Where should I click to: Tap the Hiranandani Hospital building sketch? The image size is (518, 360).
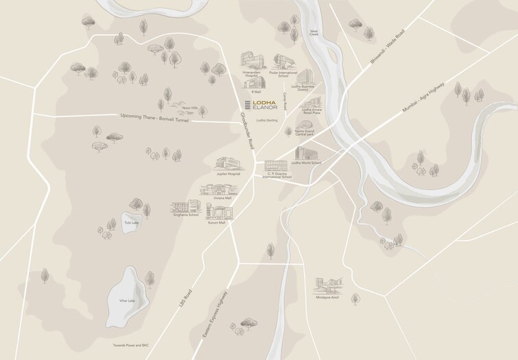pyautogui.click(x=249, y=60)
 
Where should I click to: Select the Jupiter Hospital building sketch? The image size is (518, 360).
pyautogui.click(x=228, y=164)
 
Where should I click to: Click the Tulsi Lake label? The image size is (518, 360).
pyautogui.click(x=131, y=223)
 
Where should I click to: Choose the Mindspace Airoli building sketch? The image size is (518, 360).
pyautogui.click(x=328, y=284)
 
